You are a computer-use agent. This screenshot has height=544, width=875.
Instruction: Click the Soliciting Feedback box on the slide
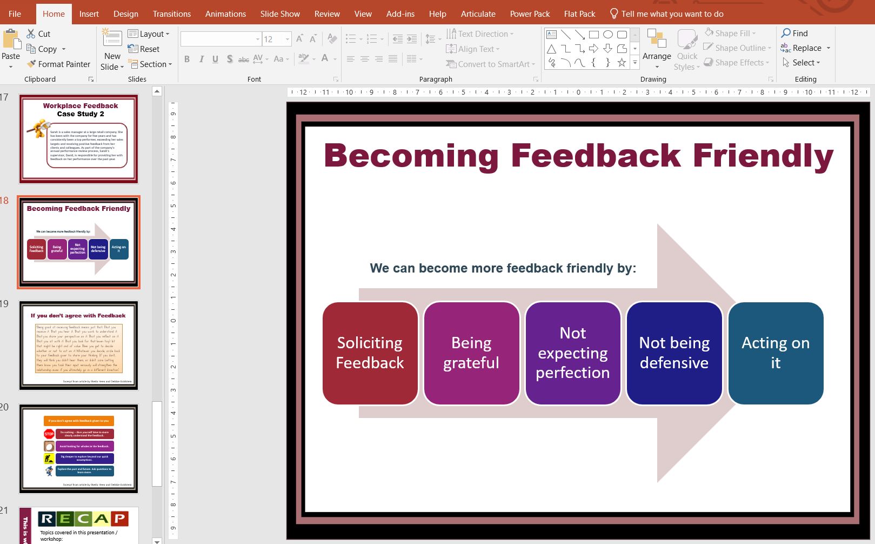point(370,353)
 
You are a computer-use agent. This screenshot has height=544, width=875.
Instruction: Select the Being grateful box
point(471,353)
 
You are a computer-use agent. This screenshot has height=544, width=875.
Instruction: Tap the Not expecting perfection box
point(572,353)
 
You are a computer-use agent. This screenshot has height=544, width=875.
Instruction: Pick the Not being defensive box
point(674,353)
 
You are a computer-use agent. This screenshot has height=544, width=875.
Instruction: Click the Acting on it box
point(776,353)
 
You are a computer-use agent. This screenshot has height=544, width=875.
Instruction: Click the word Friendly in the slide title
point(763,156)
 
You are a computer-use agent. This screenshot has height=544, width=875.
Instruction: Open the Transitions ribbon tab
point(171,14)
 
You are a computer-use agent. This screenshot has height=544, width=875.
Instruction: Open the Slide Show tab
point(280,14)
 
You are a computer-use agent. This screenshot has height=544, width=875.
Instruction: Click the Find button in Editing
point(794,33)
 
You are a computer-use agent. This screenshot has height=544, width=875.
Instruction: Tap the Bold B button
point(187,59)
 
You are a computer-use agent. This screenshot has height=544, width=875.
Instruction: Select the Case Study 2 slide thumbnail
point(79,139)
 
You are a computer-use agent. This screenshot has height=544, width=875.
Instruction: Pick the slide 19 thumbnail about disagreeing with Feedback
point(79,346)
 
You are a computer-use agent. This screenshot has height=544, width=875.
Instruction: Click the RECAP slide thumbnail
point(79,525)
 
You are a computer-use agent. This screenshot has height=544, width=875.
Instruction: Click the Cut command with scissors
point(38,34)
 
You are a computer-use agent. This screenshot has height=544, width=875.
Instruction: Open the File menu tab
point(15,14)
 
